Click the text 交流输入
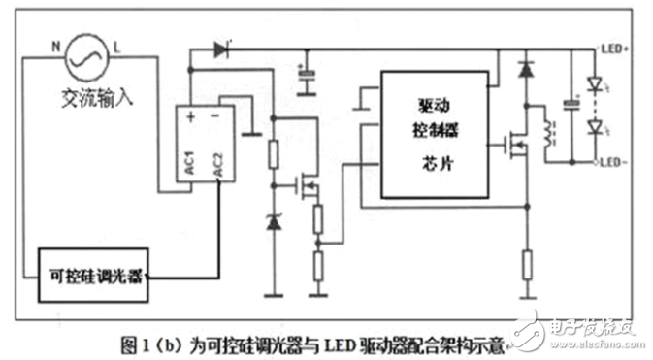[96, 99]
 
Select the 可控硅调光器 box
[92, 275]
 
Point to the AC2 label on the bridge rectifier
[219, 165]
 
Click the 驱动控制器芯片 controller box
[434, 133]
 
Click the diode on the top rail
[222, 48]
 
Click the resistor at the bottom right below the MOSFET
[527, 264]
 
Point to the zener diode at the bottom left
[273, 223]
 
